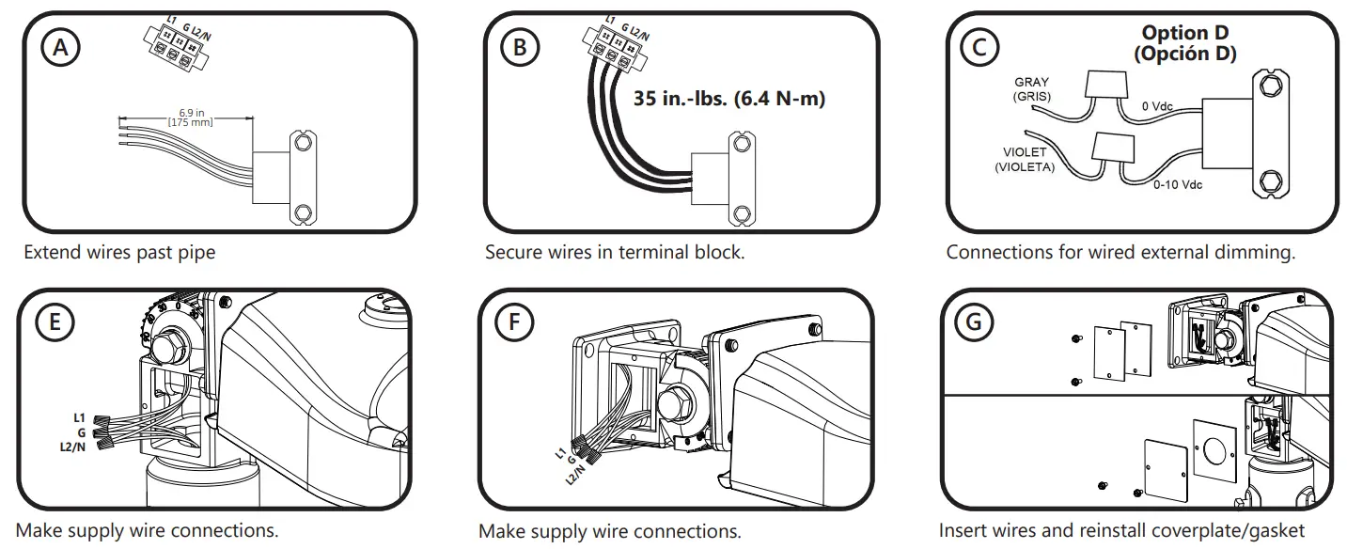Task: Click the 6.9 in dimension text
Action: point(192,114)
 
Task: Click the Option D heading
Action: point(1184,34)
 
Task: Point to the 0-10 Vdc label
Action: point(1178,186)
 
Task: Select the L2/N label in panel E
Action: point(72,448)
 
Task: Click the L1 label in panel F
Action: point(560,453)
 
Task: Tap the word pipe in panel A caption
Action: point(197,252)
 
